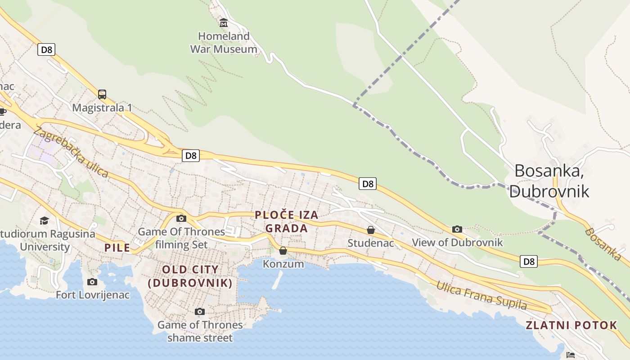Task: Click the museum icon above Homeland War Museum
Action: pyautogui.click(x=224, y=23)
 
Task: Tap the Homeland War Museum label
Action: pyautogui.click(x=224, y=43)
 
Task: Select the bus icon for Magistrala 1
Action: pyautogui.click(x=102, y=94)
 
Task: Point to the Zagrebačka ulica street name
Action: pyautogui.click(x=71, y=152)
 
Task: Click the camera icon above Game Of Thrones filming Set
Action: pyautogui.click(x=181, y=219)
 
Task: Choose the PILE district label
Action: pyautogui.click(x=117, y=247)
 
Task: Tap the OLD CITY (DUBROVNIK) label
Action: pyautogui.click(x=190, y=276)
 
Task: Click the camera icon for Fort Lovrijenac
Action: pyautogui.click(x=92, y=282)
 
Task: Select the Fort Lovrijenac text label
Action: pyautogui.click(x=93, y=295)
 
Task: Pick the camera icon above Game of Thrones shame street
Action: pyautogui.click(x=200, y=311)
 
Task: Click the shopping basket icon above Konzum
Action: pyautogui.click(x=283, y=251)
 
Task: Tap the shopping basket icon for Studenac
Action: pyautogui.click(x=371, y=230)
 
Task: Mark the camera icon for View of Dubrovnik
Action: pyautogui.click(x=457, y=229)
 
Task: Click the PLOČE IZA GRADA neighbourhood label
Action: pyautogui.click(x=287, y=221)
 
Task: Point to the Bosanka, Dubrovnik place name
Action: pyautogui.click(x=549, y=181)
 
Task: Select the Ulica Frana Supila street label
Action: pyautogui.click(x=481, y=295)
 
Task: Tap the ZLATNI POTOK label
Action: pyautogui.click(x=571, y=325)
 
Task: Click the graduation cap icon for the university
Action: pyautogui.click(x=44, y=220)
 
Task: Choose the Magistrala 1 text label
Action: pyautogui.click(x=102, y=108)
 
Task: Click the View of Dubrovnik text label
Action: pyautogui.click(x=457, y=243)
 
